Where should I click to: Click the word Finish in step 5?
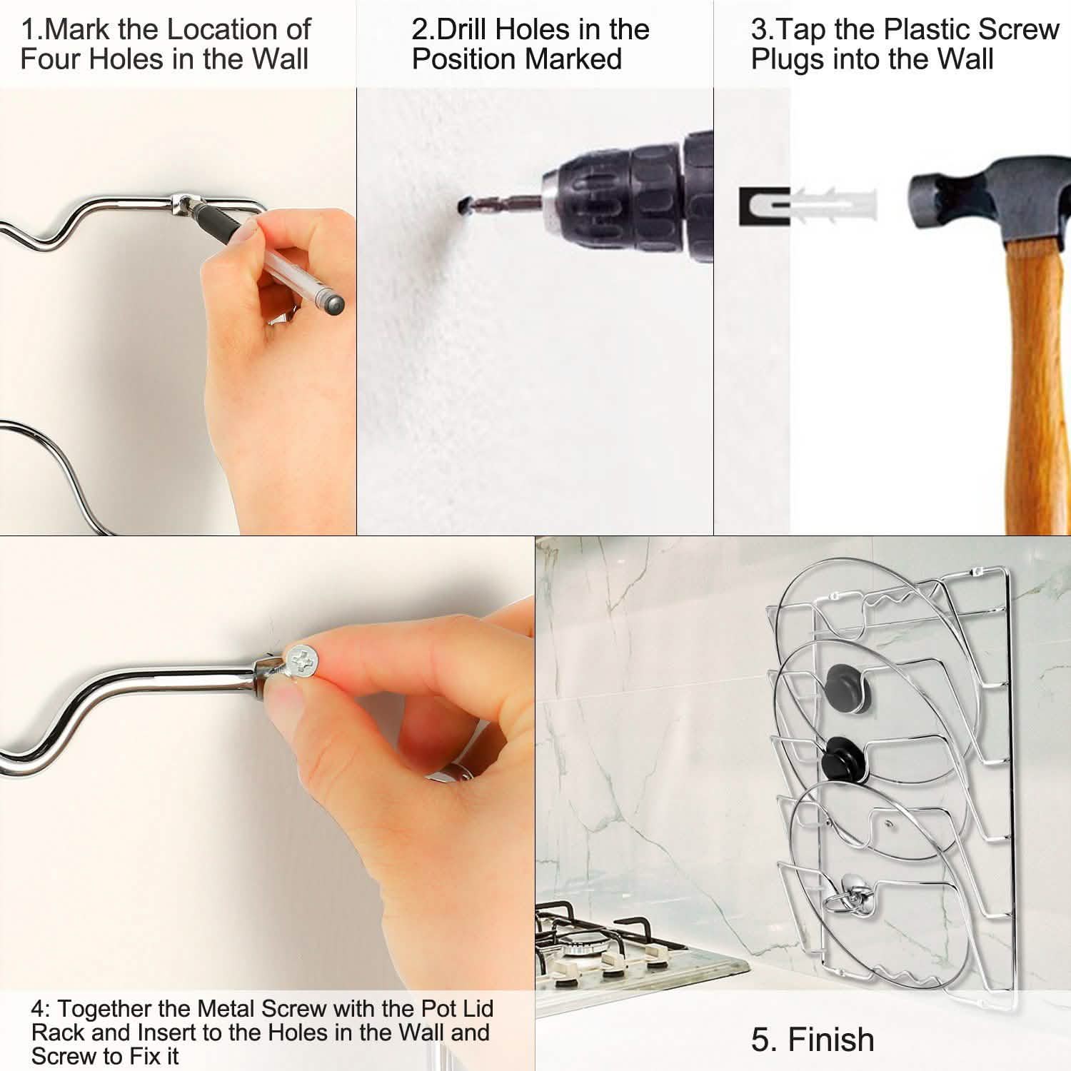click(832, 1040)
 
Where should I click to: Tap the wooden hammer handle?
click(1035, 386)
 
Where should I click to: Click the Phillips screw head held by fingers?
click(302, 660)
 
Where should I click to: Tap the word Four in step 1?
click(48, 59)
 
